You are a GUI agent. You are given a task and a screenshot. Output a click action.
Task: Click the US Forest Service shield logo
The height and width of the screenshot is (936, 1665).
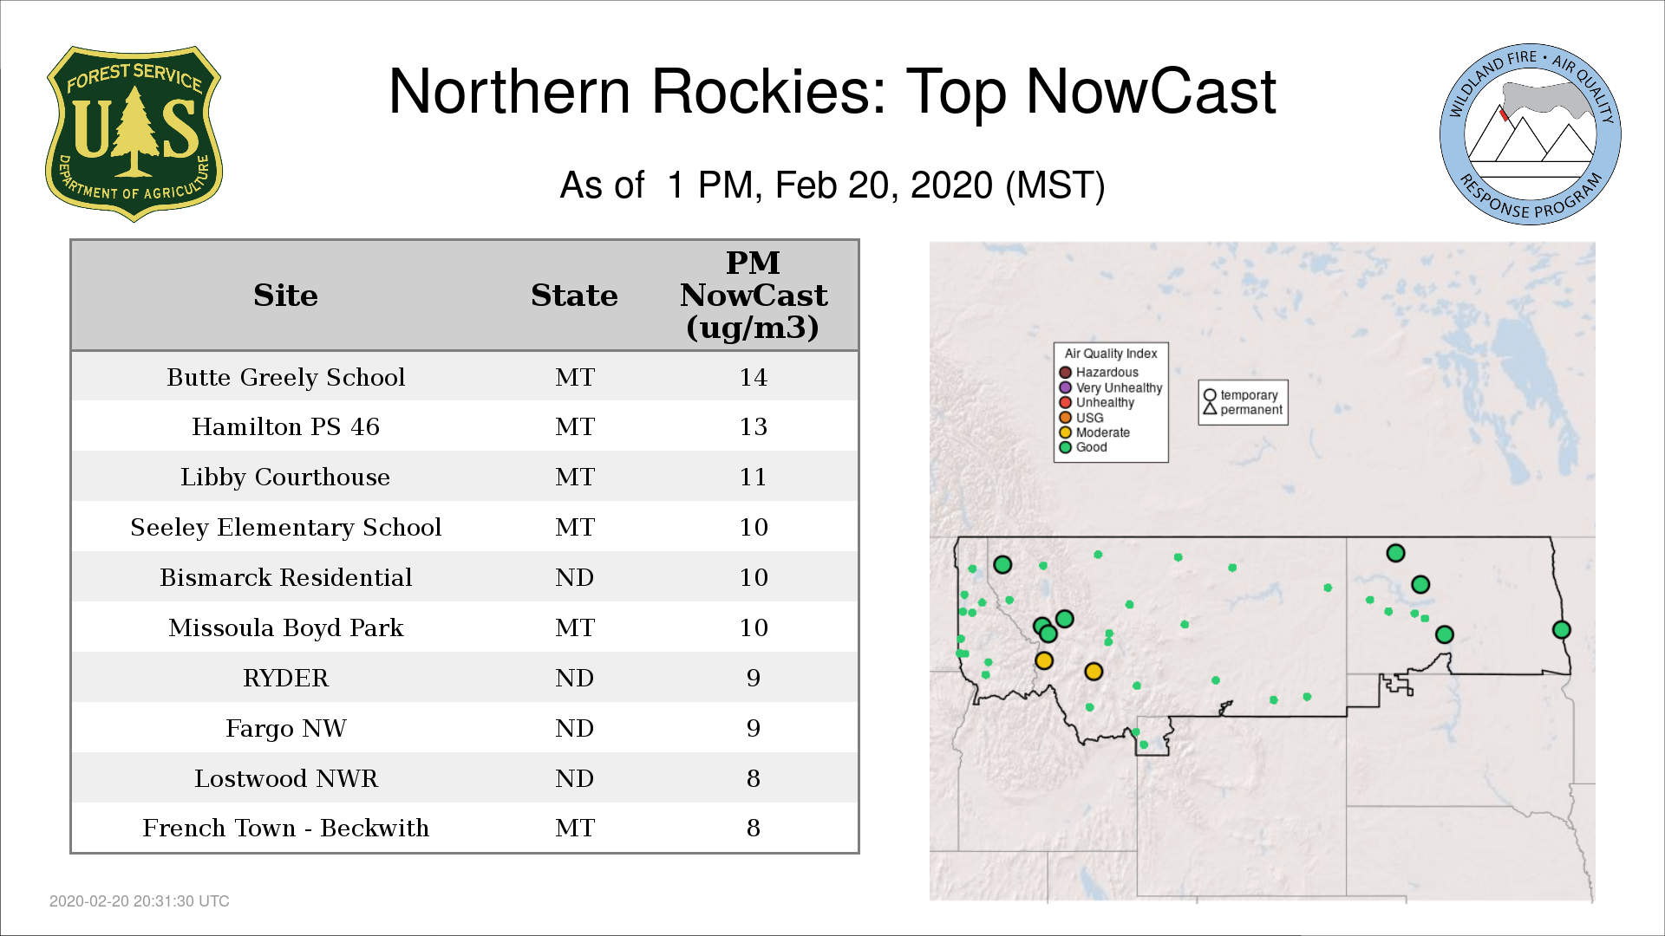[x=134, y=133]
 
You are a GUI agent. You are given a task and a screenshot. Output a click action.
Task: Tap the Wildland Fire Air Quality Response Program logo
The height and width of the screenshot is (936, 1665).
[x=1531, y=134]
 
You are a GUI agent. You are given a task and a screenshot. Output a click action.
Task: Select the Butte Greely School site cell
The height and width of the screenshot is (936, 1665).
[x=286, y=377]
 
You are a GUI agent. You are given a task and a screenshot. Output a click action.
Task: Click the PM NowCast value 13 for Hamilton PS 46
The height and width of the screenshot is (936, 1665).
[x=753, y=426]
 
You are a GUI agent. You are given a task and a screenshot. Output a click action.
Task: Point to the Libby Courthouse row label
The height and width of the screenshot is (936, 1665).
[x=285, y=477]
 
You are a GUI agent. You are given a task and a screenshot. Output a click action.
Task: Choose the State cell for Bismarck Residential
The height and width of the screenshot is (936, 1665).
[x=575, y=577]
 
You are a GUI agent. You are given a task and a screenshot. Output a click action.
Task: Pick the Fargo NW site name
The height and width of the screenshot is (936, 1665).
[x=286, y=728]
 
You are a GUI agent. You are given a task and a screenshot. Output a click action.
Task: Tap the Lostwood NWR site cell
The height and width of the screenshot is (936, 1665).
[x=286, y=778]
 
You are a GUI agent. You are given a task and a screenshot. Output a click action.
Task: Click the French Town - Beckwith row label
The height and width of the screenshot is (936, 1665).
[x=286, y=828]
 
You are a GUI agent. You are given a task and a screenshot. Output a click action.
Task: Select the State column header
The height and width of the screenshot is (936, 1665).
[x=574, y=296]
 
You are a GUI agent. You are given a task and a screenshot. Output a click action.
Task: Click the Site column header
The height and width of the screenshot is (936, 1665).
[x=285, y=296]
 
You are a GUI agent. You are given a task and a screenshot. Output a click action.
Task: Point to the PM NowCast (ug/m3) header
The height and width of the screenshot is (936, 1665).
[x=753, y=295]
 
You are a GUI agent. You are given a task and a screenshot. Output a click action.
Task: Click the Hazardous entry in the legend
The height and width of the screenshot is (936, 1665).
[x=1099, y=373]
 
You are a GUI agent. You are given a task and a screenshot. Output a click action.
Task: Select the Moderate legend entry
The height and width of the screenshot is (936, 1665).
[x=1094, y=432]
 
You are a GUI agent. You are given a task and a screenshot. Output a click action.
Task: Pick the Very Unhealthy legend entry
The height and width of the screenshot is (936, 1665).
[x=1111, y=387]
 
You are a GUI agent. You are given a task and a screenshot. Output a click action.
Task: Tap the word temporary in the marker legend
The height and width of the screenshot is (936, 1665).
[x=1249, y=395]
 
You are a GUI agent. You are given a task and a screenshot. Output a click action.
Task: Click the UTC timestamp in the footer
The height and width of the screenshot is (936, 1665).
[x=140, y=901]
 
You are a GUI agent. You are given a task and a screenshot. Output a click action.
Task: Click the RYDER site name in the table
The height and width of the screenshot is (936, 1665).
[x=286, y=678]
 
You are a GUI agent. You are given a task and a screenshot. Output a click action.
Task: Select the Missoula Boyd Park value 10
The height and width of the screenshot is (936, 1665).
[x=754, y=627]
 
